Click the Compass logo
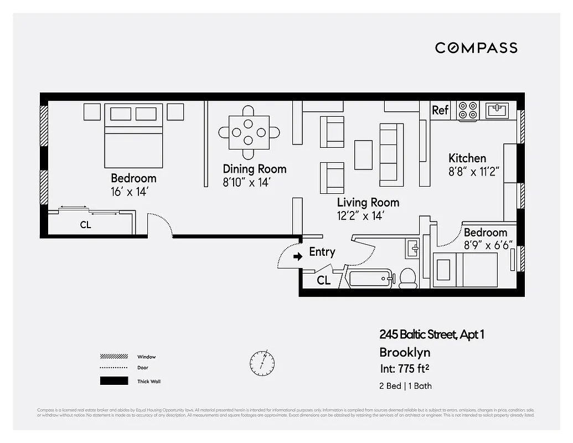pos(476,48)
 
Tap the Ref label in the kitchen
pos(440,110)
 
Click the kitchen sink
pos(497,110)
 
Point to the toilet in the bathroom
pos(408,277)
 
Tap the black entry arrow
pos(298,256)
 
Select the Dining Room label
pos(255,169)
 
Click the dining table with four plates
pos(249,132)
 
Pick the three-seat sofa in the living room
pos(391,154)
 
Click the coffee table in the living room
pos(363,154)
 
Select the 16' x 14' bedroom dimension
pos(130,192)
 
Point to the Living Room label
pos(368,203)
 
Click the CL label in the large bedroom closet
pos(85,225)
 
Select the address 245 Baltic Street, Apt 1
pos(432,334)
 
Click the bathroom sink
pos(412,248)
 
